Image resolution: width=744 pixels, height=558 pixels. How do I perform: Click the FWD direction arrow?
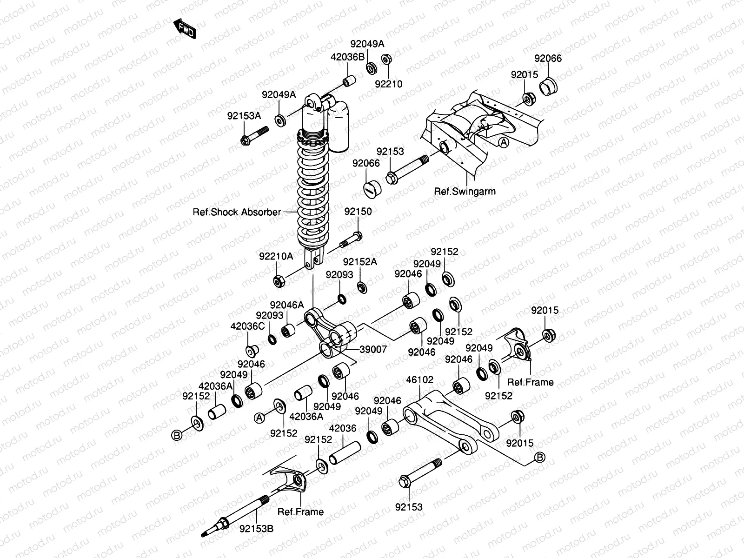tap(185, 29)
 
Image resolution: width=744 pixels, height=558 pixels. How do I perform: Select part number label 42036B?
tap(347, 57)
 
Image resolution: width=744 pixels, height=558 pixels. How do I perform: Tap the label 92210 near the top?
tap(389, 84)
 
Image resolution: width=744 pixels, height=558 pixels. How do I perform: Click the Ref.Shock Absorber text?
tap(237, 212)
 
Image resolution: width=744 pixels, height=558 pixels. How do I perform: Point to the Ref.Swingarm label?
tap(465, 191)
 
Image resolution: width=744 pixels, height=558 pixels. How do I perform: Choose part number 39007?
tap(373, 349)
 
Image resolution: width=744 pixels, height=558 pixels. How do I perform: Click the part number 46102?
tap(419, 380)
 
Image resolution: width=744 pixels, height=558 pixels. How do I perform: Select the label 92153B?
tap(257, 528)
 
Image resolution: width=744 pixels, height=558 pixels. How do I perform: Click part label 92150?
tap(358, 212)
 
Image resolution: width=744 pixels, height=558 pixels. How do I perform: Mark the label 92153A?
tap(244, 116)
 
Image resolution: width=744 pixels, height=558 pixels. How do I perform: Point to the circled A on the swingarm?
tap(504, 143)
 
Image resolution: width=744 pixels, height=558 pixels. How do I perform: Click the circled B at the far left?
tap(177, 435)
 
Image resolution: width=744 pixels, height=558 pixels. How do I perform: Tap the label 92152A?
tap(360, 262)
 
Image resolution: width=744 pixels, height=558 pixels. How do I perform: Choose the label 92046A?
tap(286, 305)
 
